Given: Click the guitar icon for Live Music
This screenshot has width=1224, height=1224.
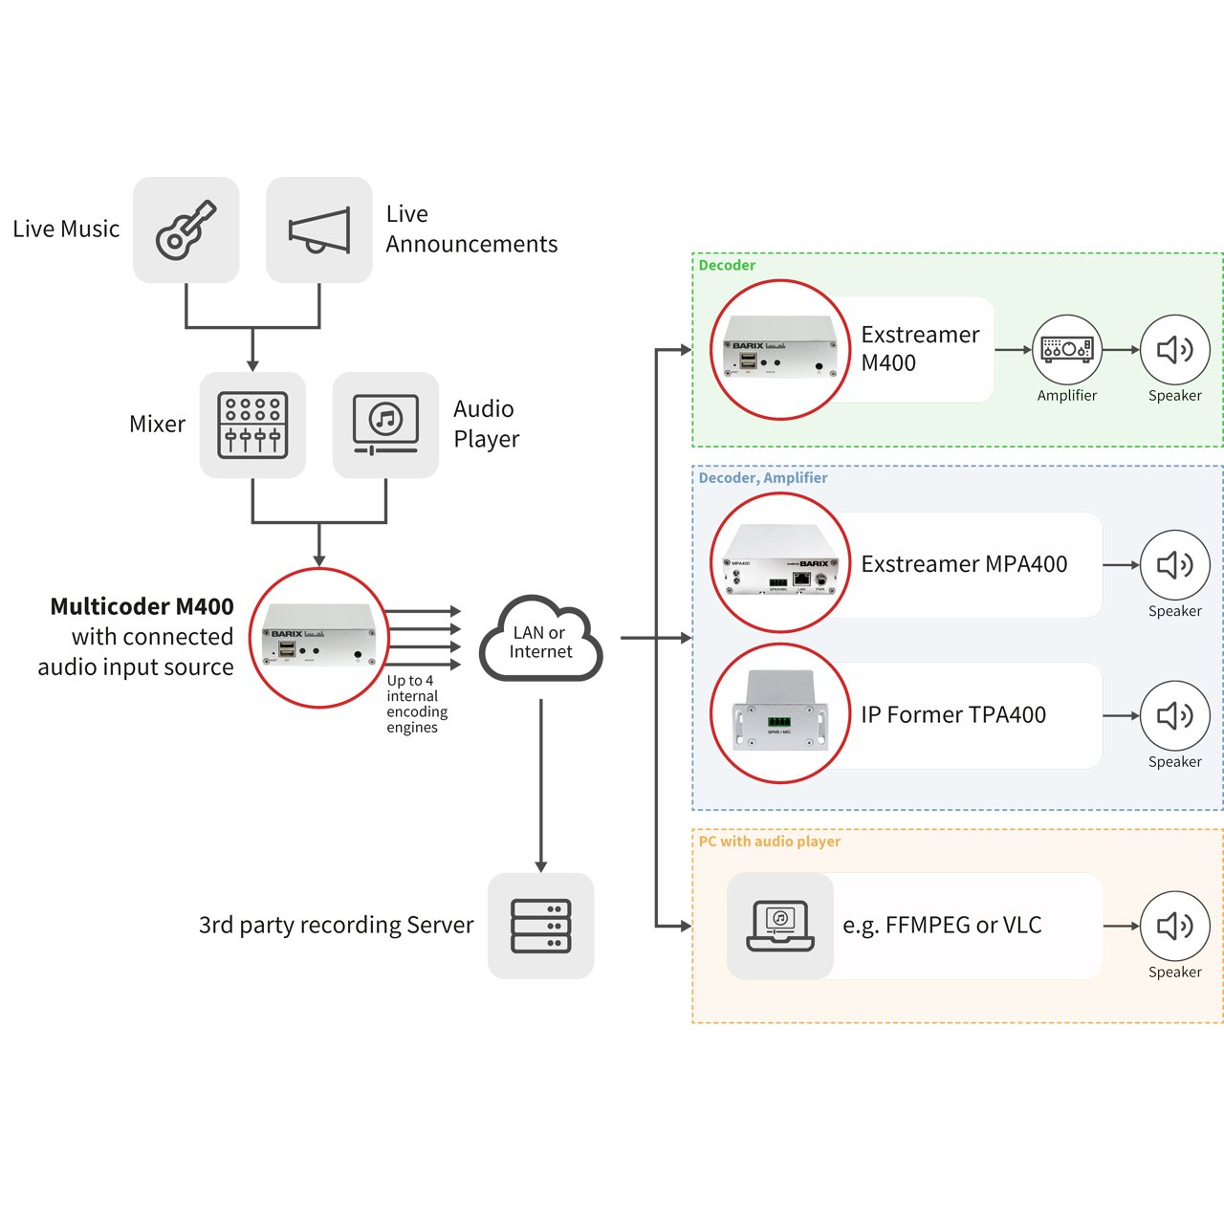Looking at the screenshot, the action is (x=186, y=229).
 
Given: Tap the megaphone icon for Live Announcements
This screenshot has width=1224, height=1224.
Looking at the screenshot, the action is (x=318, y=229).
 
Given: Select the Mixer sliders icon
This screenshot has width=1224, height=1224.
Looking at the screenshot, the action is (x=252, y=425).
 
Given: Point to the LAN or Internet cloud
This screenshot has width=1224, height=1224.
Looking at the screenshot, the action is (x=540, y=639).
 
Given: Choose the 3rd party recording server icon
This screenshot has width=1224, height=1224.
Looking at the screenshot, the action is (x=540, y=926).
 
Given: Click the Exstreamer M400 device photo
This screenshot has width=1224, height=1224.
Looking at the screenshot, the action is (x=780, y=350).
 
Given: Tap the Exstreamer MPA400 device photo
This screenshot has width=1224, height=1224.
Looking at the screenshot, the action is (x=780, y=563).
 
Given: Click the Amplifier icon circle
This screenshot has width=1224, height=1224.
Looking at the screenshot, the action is (x=1067, y=349).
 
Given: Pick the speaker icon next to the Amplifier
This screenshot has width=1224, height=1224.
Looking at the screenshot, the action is (x=1175, y=349).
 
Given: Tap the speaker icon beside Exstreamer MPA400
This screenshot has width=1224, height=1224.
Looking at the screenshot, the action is (x=1175, y=565).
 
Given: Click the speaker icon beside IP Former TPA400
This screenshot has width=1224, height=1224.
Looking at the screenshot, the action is (x=1175, y=716).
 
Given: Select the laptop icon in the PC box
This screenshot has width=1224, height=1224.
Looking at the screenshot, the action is (x=780, y=926).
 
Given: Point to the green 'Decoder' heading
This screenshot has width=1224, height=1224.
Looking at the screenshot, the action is (x=727, y=265).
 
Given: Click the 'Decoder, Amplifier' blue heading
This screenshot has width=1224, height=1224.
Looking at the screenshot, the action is (x=763, y=478).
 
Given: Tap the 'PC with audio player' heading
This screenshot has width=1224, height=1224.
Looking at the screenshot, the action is (x=769, y=841).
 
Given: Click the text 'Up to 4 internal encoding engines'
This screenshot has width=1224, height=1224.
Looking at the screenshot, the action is (x=417, y=704).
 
